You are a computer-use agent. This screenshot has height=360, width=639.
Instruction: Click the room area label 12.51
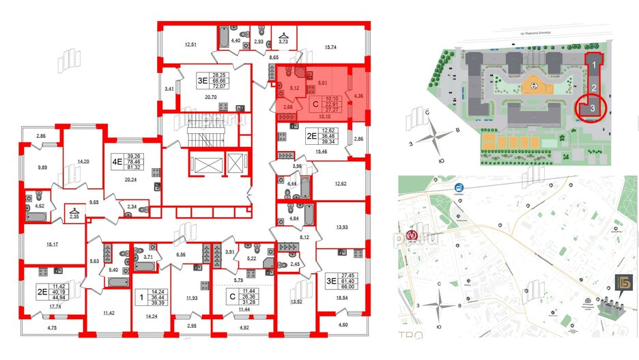(190, 46)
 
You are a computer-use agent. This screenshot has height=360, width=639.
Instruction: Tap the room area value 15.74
(330, 46)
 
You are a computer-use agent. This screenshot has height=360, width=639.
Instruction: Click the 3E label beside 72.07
(201, 79)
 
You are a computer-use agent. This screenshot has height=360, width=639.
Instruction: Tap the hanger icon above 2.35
(73, 210)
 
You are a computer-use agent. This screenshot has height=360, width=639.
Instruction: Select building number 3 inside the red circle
(594, 108)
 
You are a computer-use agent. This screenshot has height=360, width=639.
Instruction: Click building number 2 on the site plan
(594, 87)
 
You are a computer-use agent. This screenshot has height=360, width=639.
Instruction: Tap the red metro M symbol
(411, 236)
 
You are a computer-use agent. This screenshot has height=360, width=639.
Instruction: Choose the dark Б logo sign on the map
(618, 282)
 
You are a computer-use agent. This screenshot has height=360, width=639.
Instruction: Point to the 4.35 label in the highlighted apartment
(358, 97)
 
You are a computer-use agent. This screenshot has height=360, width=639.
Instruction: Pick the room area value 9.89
(43, 167)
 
